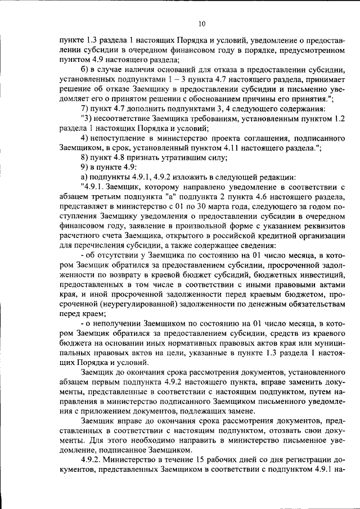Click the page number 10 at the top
pyautogui.click(x=202, y=24)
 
